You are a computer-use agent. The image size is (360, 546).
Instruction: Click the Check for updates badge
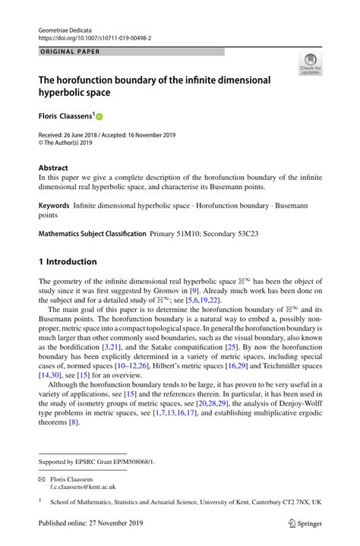[310, 65]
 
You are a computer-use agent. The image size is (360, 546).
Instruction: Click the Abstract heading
[53, 168]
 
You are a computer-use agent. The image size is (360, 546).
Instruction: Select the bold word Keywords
[54, 206]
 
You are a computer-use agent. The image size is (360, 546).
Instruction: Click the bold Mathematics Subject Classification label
[92, 234]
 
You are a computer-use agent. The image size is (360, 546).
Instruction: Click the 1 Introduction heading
[68, 262]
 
